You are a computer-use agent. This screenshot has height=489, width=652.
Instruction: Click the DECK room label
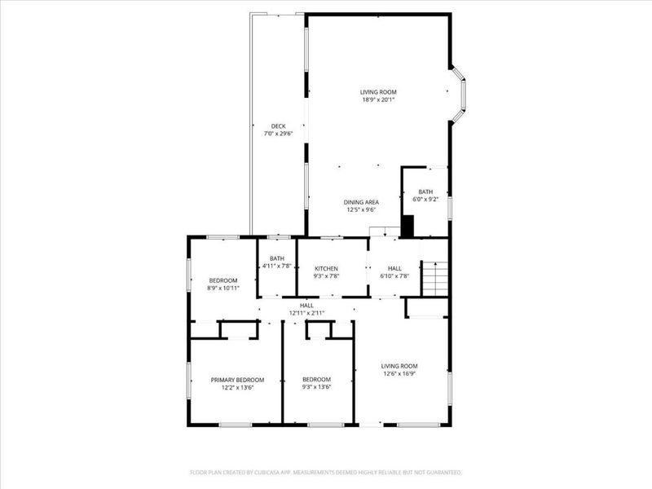(278, 126)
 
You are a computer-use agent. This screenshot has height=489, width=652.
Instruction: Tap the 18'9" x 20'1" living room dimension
(378, 100)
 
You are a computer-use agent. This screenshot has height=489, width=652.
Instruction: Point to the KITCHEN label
(326, 268)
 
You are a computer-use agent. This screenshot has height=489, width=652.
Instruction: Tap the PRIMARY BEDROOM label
(237, 380)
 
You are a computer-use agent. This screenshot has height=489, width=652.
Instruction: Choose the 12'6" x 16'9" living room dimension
(399, 375)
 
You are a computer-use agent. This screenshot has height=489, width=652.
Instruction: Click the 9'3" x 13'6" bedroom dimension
(316, 388)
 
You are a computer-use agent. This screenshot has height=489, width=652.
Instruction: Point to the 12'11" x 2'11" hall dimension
(306, 313)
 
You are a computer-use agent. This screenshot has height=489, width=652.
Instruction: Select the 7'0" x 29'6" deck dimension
(278, 134)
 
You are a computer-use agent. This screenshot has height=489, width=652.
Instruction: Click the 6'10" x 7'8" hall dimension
(394, 276)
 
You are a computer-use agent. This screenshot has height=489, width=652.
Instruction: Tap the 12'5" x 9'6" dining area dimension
(359, 209)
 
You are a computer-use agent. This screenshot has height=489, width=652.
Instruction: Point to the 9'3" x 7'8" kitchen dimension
(326, 276)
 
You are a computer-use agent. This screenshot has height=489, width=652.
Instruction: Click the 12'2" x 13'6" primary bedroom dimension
(237, 388)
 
